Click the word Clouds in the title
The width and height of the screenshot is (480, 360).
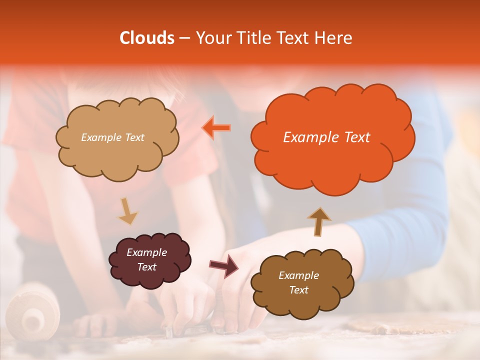coord(146,38)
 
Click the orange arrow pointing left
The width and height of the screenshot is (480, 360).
coord(216,127)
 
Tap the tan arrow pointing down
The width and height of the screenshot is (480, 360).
coord(127,211)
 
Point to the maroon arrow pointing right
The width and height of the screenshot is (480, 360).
coord(224,266)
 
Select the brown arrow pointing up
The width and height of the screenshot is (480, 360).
coord(319,221)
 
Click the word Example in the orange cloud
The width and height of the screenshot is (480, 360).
coord(308,137)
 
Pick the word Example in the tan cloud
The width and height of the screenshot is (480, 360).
coord(100,137)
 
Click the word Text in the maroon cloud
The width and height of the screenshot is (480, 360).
coord(147,267)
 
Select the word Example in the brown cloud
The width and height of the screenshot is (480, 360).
coord(298,275)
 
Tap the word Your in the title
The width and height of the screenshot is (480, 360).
coord(210,38)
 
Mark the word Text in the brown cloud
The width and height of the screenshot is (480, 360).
coord(298,290)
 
